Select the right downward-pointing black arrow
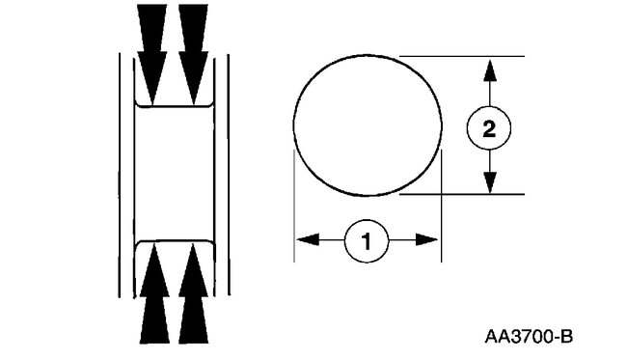[x=194, y=43]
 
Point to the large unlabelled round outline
[x=367, y=126]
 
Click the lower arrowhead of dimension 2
[x=490, y=184]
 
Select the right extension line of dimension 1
[x=441, y=212]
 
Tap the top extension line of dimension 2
[x=463, y=56]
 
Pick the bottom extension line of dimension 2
[x=463, y=194]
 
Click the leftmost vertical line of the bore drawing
[x=119, y=174]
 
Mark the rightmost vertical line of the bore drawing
[x=229, y=174]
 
